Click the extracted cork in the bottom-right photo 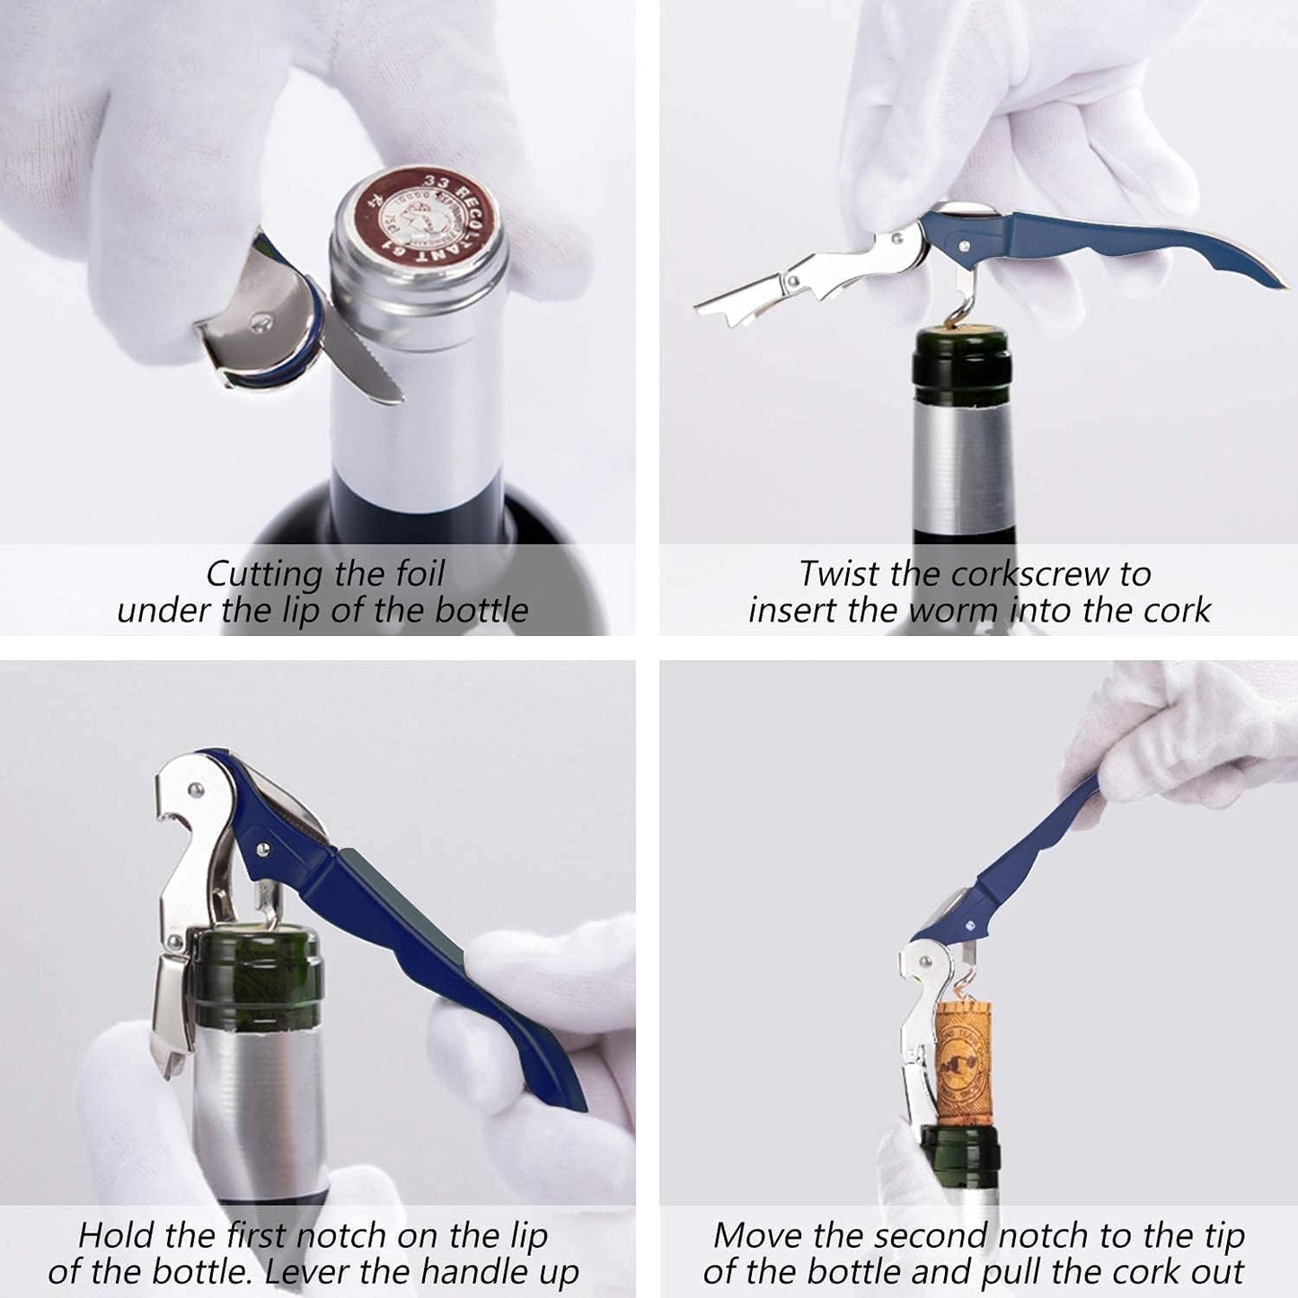(962, 1063)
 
